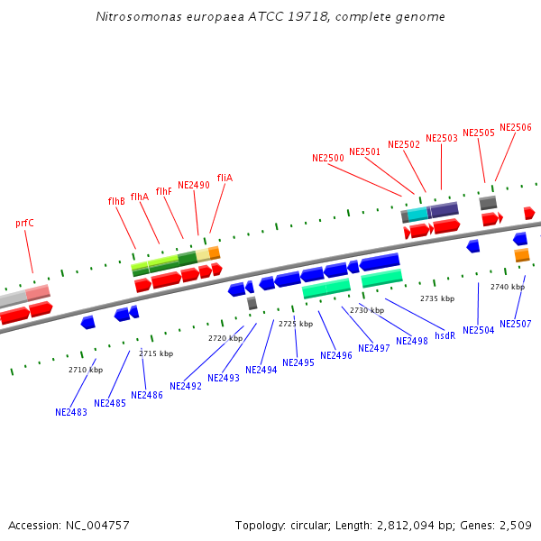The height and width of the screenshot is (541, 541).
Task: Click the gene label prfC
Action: point(24,223)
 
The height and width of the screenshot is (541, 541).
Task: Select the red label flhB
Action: point(116,201)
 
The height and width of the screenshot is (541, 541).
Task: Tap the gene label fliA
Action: point(225,178)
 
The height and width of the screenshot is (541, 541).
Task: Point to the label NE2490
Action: point(193,185)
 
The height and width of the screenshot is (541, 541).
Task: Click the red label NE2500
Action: point(328,158)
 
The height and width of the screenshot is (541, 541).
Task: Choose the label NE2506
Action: point(516,128)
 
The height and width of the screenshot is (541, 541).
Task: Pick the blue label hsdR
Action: point(445,335)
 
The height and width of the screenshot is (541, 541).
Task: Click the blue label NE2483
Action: point(71,412)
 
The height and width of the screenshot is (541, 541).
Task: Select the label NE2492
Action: point(186,386)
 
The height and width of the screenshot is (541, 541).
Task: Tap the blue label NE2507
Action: point(516,324)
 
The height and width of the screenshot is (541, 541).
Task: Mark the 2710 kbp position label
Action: point(86,370)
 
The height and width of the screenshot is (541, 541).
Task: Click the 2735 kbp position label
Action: point(437,298)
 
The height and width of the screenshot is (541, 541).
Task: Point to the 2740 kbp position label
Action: point(508,287)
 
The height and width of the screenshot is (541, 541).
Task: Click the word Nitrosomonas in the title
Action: point(135,17)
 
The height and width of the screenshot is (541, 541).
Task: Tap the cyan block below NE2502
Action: point(417,214)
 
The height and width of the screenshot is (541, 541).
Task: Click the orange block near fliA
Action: point(214,252)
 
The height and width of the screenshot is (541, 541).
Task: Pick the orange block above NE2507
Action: point(522,256)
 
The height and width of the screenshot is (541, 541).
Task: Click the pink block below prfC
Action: point(38,292)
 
